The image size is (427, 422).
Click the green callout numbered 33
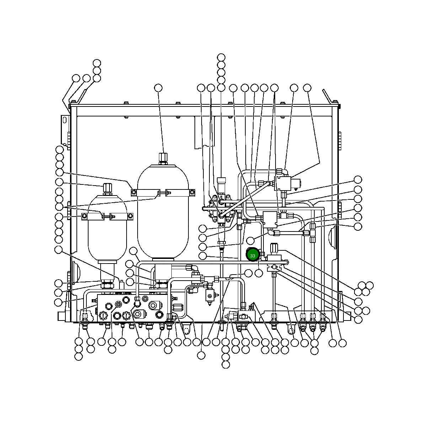[x=253, y=255]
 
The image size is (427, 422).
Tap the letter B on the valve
[x=221, y=197]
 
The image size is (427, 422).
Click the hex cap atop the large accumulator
[x=163, y=158]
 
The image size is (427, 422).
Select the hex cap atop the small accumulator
[x=108, y=188]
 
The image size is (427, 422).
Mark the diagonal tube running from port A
[x=245, y=199]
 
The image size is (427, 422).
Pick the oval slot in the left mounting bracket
[x=64, y=120]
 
